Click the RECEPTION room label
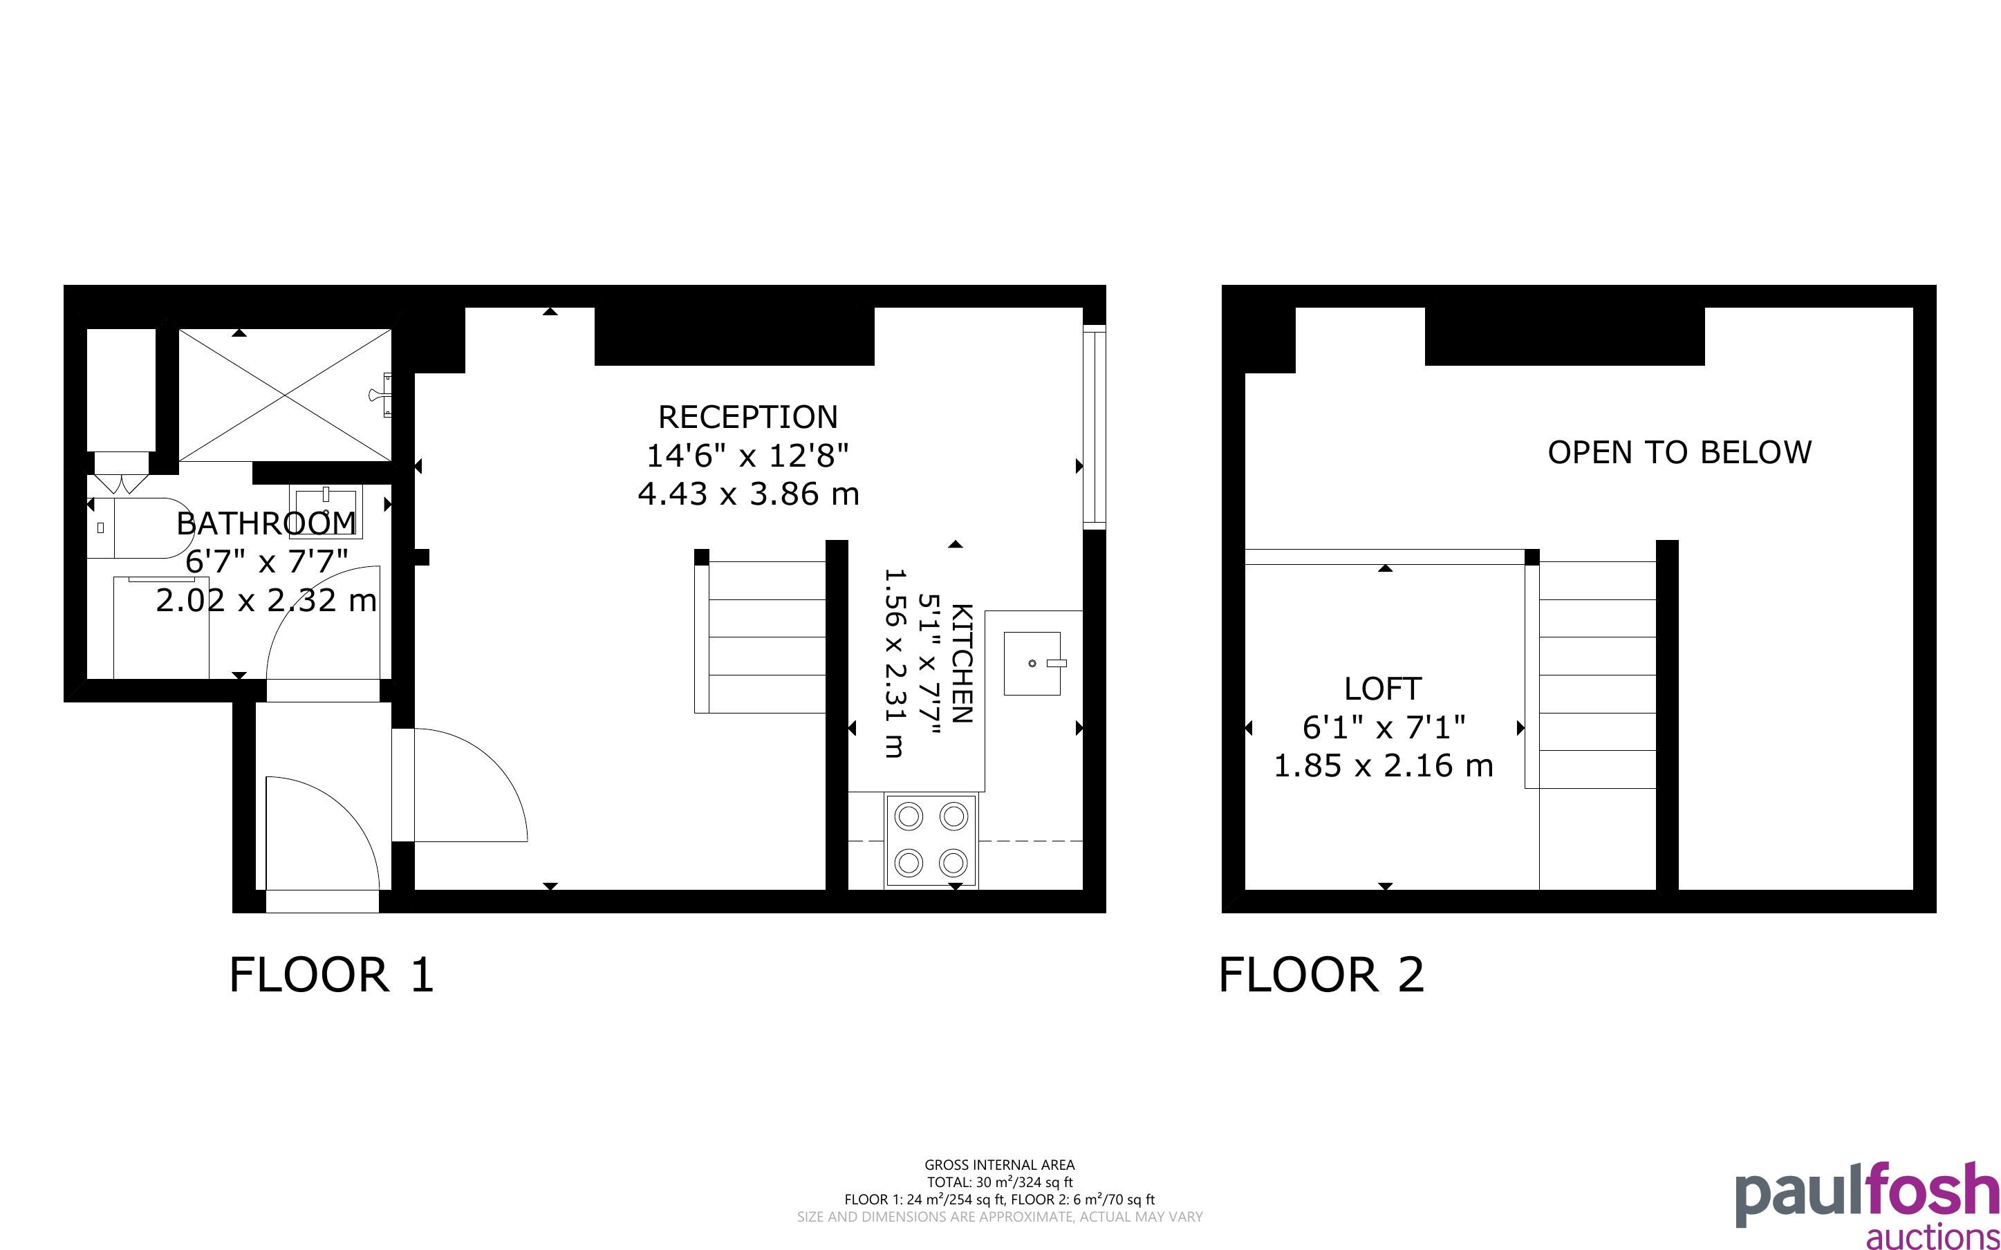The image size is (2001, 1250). click(x=748, y=418)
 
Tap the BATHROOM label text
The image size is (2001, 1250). click(x=266, y=523)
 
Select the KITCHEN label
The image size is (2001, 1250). click(x=962, y=664)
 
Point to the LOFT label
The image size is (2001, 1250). click(x=1383, y=689)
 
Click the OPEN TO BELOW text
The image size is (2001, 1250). click(x=1679, y=453)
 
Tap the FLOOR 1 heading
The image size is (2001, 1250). click(x=331, y=975)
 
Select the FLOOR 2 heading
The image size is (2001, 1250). click(x=1321, y=975)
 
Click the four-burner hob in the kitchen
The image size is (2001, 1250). click(x=931, y=841)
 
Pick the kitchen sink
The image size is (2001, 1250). click(x=1033, y=663)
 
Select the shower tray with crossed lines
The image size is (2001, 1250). click(x=285, y=395)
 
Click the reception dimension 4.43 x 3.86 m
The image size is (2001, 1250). click(x=748, y=494)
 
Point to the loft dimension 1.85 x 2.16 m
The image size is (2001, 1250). click(x=1383, y=765)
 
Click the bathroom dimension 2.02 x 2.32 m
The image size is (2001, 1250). click(x=266, y=600)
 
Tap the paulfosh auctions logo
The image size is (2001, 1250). click(x=1866, y=1205)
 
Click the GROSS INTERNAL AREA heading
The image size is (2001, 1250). click(x=999, y=1166)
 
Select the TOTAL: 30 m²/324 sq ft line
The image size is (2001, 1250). click(x=999, y=1183)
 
